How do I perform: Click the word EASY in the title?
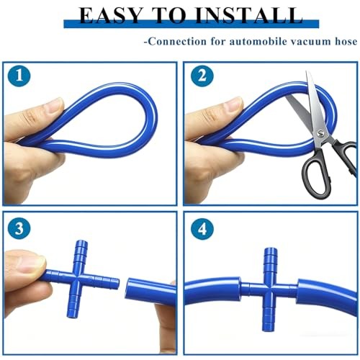110,15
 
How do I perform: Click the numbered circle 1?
19,76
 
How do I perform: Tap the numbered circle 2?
202,76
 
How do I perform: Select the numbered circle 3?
19,229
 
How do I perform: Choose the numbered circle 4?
202,229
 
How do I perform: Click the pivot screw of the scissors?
320,132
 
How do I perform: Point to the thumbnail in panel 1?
56,106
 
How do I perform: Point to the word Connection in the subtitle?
177,42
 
